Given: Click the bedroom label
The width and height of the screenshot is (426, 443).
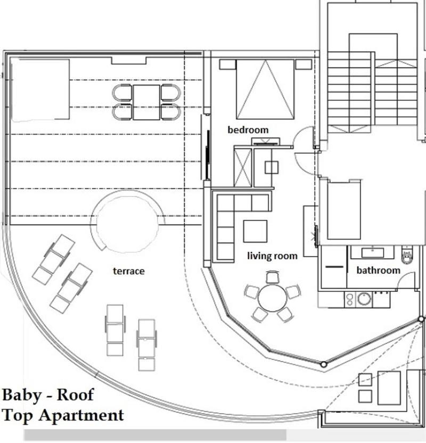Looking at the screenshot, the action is pyautogui.click(x=248, y=130).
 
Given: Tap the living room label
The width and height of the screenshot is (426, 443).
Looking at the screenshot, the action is pyautogui.click(x=272, y=256).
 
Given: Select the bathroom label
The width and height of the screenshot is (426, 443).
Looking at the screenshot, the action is pyautogui.click(x=378, y=270).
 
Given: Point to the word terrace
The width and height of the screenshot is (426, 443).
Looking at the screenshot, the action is pyautogui.click(x=129, y=271).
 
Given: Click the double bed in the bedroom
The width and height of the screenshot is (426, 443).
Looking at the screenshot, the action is pyautogui.click(x=265, y=89).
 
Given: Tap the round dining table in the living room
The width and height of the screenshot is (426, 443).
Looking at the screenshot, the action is pyautogui.click(x=272, y=298).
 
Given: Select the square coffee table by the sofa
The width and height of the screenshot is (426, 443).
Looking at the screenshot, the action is pyautogui.click(x=256, y=232).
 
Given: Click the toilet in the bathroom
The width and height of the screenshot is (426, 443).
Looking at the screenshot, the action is pyautogui.click(x=407, y=255).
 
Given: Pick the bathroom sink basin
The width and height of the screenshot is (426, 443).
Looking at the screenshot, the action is pyautogui.click(x=373, y=252).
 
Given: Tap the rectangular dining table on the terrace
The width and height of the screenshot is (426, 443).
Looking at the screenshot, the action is pyautogui.click(x=146, y=102).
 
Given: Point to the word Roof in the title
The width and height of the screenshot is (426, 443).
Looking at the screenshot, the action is pyautogui.click(x=75, y=395).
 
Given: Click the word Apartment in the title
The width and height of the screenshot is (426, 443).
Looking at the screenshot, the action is pyautogui.click(x=81, y=416).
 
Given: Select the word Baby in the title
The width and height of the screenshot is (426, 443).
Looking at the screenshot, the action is pyautogui.click(x=22, y=396).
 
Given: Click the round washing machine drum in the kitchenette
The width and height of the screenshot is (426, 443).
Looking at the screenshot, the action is pyautogui.click(x=364, y=299).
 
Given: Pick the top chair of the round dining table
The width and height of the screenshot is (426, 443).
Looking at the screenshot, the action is pyautogui.click(x=273, y=277).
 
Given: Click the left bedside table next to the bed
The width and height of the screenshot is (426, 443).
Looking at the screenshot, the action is pyautogui.click(x=228, y=64).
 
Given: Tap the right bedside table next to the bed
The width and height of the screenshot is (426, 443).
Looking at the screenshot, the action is pyautogui.click(x=304, y=64).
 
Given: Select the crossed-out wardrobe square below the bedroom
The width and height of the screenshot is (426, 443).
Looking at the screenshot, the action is pyautogui.click(x=243, y=168).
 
